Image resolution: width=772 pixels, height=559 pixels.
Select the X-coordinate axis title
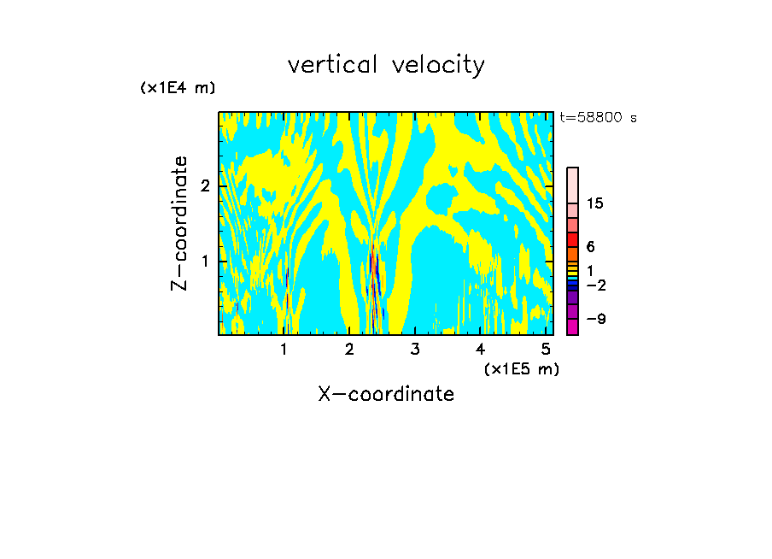(386, 394)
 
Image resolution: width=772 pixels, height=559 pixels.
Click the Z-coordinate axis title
(179, 223)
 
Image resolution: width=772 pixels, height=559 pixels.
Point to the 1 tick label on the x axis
(284, 349)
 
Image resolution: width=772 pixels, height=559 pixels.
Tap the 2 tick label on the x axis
(349, 349)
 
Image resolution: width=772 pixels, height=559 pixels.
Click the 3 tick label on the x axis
(415, 349)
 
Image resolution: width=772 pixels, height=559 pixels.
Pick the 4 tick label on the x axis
(480, 349)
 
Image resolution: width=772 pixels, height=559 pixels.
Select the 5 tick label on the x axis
(546, 349)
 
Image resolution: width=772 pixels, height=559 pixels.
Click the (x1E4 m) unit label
(178, 88)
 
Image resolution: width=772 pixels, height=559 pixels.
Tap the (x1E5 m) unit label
(521, 368)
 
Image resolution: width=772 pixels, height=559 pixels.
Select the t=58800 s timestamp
(598, 118)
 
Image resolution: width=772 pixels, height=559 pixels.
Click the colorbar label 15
(595, 203)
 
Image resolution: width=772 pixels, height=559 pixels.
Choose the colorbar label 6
(590, 247)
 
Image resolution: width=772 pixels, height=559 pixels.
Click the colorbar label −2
(596, 285)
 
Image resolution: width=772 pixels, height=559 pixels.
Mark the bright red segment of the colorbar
(572, 239)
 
